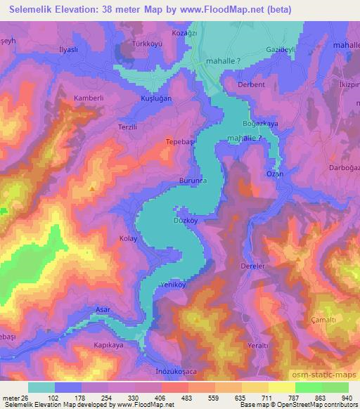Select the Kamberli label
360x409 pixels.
89,98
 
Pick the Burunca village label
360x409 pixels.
193,181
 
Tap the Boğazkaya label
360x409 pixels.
261,122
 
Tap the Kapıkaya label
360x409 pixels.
108,345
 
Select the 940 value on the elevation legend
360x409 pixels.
346,398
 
